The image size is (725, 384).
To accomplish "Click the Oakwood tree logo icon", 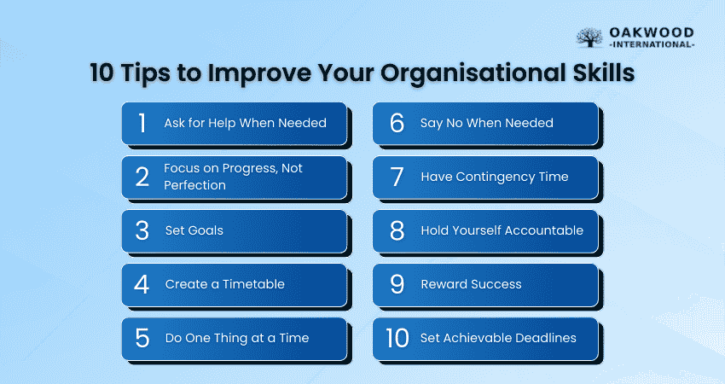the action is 589,37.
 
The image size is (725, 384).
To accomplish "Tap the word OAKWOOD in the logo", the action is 652,32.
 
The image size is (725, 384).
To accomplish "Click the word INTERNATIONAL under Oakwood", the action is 652,44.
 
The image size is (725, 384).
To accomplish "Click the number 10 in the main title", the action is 101,73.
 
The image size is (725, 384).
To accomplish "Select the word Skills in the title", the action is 603,73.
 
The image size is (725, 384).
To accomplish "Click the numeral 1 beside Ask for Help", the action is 142,123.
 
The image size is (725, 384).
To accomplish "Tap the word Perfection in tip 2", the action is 194,185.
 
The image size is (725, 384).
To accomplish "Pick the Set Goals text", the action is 194,230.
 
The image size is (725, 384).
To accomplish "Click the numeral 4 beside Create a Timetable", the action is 142,284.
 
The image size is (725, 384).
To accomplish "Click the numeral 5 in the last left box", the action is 142,338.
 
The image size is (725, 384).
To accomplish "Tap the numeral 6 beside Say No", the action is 397,123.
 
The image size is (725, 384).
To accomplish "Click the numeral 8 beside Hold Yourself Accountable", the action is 397,230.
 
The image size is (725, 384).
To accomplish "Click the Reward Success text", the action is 471,284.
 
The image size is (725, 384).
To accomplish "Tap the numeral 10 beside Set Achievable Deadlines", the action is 397,338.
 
